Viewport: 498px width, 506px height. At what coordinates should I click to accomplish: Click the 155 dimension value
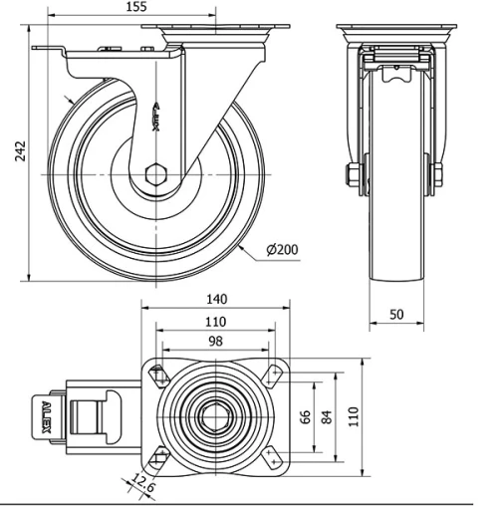136,7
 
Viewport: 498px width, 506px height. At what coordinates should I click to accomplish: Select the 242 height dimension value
20,151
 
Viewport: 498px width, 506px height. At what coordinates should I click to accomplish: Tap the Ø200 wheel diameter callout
282,249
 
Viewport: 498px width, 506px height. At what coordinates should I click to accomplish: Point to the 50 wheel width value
396,314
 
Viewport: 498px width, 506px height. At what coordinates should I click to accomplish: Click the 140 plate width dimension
217,299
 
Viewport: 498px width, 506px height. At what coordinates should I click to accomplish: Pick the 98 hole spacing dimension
215,341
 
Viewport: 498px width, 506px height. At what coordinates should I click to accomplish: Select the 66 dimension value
305,416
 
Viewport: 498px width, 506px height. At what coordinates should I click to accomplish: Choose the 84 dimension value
327,417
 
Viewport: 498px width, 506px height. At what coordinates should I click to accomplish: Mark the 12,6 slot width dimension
143,483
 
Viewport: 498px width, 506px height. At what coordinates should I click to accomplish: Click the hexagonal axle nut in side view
155,174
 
